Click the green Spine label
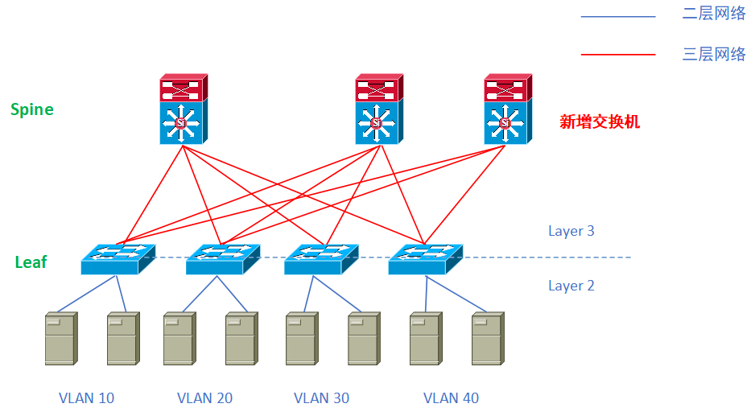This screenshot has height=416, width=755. point(32,109)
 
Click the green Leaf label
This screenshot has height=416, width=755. point(31,262)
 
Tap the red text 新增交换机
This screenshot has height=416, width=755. point(600,122)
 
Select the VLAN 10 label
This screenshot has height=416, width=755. point(87,397)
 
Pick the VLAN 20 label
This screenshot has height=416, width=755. point(205,397)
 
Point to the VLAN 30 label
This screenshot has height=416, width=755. point(322,397)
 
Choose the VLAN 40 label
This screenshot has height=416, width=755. point(451,397)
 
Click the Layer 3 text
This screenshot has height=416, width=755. point(571,231)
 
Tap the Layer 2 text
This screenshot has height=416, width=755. point(571,286)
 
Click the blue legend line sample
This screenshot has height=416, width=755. point(618,15)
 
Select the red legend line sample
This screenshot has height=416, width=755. point(618,55)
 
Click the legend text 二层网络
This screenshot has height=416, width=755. point(714,14)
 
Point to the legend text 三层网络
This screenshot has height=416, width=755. point(714,55)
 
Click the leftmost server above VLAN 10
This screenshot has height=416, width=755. point(61,339)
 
